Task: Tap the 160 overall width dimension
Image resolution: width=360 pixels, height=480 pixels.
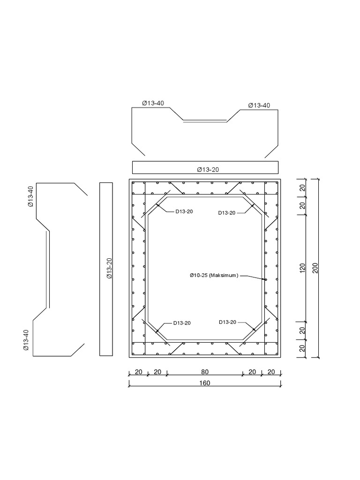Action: pos(205,383)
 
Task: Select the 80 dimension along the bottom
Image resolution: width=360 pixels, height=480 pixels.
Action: pos(205,372)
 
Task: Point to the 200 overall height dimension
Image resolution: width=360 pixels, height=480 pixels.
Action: pos(315,268)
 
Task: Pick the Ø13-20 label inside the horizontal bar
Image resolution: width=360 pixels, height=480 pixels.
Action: pos(208,169)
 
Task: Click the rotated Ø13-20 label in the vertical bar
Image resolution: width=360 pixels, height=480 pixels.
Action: pos(109,269)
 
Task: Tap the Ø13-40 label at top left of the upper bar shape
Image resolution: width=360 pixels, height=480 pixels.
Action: pos(153,104)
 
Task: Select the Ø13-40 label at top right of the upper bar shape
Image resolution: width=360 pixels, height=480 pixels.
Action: pos(259,105)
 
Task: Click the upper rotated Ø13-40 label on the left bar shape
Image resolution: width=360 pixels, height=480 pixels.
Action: pos(30,196)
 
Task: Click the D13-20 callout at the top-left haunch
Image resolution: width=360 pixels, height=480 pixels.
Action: pos(184,211)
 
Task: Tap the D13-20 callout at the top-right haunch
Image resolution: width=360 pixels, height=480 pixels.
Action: pos(227,213)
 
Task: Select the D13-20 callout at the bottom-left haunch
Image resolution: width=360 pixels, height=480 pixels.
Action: pos(182,323)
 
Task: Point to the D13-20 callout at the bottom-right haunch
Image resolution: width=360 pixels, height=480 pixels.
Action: pos(227,322)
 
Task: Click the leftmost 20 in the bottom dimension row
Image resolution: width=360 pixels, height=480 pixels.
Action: pos(138,372)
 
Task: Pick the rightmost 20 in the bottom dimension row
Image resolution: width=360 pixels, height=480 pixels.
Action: pos(271,372)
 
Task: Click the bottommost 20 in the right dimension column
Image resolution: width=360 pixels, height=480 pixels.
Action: pos(303,348)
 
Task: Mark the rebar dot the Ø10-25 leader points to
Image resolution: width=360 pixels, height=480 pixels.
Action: pos(265,280)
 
